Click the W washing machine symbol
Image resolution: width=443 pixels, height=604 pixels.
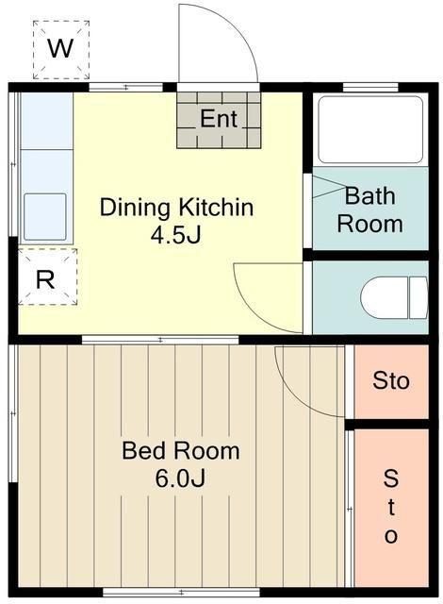60,50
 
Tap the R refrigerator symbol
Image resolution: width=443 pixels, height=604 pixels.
48,277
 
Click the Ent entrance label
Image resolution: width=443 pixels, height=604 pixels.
219,119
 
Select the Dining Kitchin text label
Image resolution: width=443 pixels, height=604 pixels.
176,208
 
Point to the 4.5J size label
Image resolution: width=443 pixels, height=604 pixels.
175,235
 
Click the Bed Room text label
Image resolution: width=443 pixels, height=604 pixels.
181,450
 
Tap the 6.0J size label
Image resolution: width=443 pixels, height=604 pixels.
180,478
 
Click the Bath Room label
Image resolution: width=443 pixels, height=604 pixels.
369,210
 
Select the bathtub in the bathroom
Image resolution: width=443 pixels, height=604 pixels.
370,130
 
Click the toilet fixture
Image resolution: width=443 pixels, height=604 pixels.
394,297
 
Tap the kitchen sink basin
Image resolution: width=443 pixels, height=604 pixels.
45,217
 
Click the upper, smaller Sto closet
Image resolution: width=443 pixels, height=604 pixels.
391,381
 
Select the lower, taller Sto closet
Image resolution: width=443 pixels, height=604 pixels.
391,508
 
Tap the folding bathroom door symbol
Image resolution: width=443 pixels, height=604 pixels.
328,187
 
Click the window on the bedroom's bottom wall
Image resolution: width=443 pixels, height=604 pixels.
181,592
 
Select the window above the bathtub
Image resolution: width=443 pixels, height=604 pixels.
370,88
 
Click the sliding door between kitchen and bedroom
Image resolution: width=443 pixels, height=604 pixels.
160,340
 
